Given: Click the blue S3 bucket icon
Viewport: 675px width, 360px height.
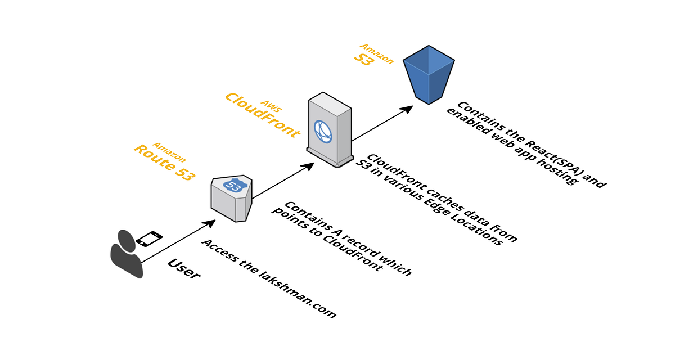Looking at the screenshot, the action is tap(429, 75).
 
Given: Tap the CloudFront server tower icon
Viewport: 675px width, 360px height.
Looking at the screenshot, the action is tap(330, 129).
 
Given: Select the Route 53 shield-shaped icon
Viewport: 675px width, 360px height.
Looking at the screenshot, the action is tap(231, 198).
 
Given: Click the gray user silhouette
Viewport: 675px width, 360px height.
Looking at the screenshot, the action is tap(127, 254).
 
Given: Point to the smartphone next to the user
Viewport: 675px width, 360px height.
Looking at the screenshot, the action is tap(149, 238).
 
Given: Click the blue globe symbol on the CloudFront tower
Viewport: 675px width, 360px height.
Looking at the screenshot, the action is tap(323, 132).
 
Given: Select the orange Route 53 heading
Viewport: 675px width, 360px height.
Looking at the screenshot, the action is tap(164, 163).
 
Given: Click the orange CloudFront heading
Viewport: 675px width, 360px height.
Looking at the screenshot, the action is tap(263, 115).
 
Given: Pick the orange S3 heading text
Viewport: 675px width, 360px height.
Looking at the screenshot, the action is tap(364, 59).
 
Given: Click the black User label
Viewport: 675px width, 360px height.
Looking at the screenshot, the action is tap(184, 269).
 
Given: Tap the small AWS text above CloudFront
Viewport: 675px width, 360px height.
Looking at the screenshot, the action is tap(271, 106).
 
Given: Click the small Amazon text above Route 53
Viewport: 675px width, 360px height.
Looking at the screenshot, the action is tap(169, 152).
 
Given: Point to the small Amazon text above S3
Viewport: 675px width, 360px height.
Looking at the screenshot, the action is tap(377, 53).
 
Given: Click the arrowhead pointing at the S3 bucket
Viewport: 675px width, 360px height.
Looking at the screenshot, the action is tap(407, 109).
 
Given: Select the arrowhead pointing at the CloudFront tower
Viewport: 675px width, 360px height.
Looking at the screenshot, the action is tap(308, 166).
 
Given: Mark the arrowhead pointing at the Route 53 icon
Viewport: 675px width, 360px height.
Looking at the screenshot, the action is tap(209, 223).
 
